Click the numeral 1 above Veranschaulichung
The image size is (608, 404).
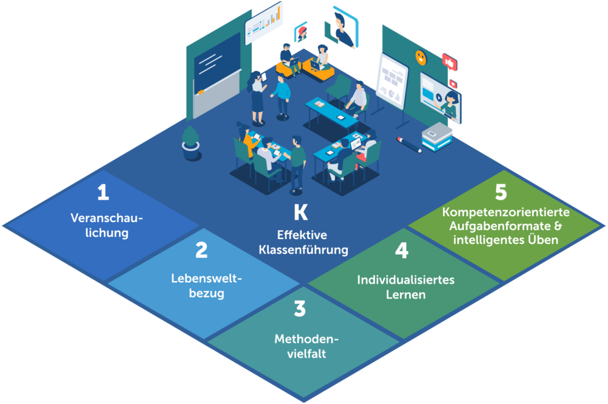click(103, 193)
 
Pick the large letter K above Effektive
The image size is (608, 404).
click(300, 212)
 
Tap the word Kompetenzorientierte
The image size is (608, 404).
click(505, 213)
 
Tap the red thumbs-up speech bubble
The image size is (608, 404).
click(449, 61)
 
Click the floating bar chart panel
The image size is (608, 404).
click(264, 23)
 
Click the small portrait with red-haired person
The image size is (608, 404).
click(301, 32)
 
